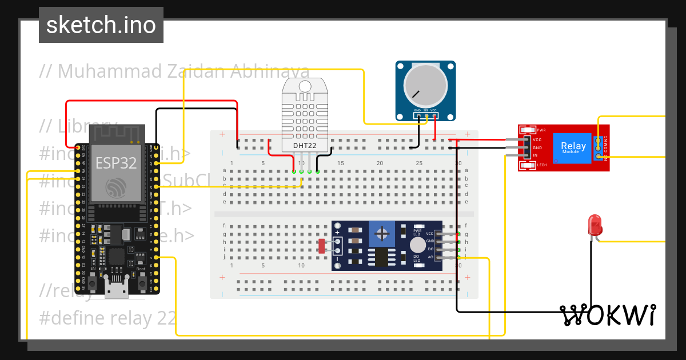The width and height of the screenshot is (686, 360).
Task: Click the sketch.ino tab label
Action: (101, 25)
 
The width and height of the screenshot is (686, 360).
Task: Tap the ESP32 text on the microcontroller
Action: (116, 163)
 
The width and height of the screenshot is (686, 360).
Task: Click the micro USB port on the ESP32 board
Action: (116, 290)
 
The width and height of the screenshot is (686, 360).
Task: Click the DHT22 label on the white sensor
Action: (305, 146)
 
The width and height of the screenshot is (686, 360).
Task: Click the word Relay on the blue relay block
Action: (573, 146)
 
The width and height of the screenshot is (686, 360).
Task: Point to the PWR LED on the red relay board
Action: (526, 130)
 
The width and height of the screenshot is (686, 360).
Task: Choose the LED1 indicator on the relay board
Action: (526, 166)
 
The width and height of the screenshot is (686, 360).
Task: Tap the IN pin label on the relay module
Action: (535, 155)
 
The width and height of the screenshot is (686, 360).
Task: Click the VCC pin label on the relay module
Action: (536, 139)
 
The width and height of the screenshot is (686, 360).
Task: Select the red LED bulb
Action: (595, 225)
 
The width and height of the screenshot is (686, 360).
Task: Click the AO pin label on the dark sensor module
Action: (429, 258)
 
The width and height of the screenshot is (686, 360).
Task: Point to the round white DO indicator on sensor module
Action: (418, 245)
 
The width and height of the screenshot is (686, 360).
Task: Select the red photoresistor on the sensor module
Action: (321, 246)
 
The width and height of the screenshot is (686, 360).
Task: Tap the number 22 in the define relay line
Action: (166, 318)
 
